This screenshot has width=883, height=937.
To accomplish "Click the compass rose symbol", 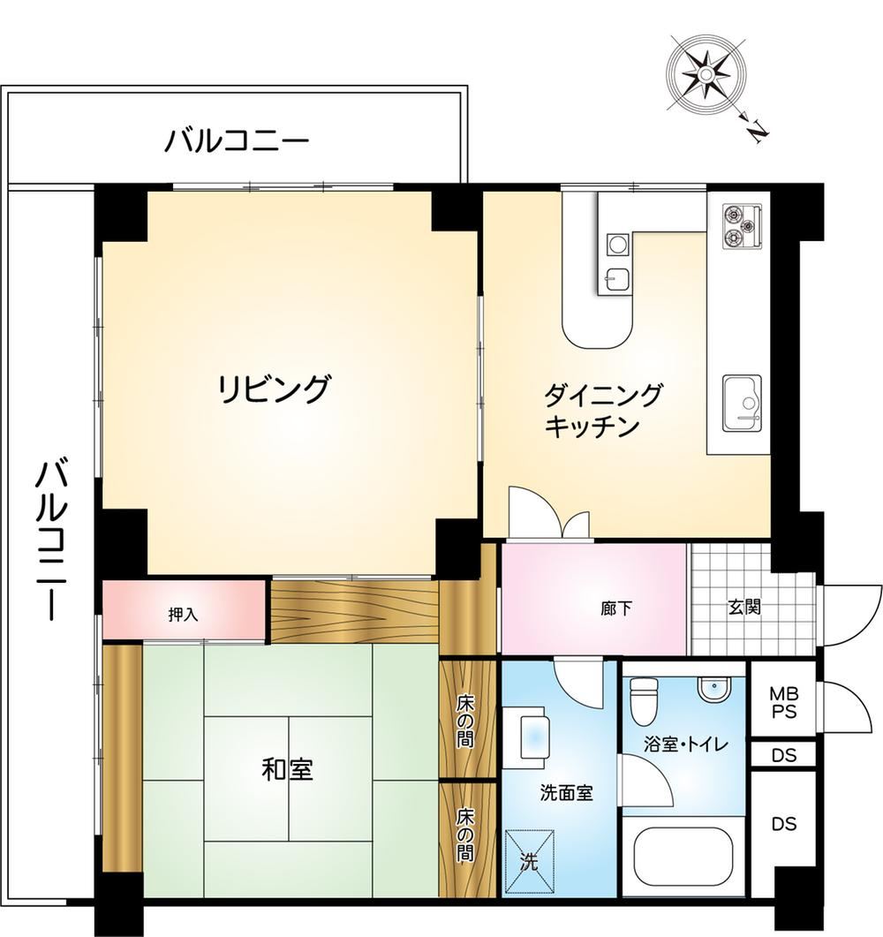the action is coord(706,75).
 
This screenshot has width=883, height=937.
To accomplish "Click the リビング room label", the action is coord(273,389).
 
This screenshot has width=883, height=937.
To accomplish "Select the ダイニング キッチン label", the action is coord(602,411).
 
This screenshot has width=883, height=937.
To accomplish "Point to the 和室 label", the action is coord(287,770).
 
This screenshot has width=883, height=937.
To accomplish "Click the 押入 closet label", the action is coord(183,614).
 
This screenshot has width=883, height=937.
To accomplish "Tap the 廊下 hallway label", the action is coord(616,608).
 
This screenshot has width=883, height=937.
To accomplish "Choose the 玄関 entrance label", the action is coord(743,608).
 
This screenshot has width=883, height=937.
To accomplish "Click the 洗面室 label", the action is coord(566,793).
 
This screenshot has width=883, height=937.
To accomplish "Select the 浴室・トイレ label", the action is coord(686,744).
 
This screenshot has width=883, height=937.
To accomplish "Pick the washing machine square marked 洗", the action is coord(529,860).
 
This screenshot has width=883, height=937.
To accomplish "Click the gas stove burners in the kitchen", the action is coord(742,226).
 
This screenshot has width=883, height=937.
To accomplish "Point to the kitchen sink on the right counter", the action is coord(742,403).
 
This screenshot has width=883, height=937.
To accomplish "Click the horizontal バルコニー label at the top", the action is coord(238,141).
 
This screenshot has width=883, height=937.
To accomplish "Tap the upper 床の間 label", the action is coord(465,720).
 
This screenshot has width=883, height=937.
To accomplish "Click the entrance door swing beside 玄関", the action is coord(851,616).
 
